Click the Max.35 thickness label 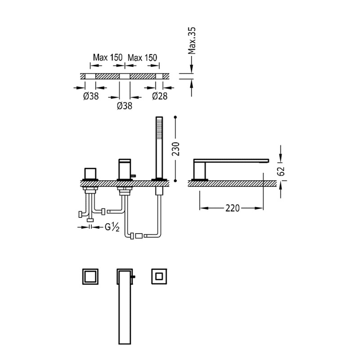tap(192, 40)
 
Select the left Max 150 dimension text tap(108, 58)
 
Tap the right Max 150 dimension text tap(142, 58)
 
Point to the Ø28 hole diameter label tap(160, 96)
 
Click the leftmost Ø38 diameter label tap(91, 96)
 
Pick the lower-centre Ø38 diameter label tap(125, 106)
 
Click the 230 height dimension tap(175, 149)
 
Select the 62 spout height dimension tap(281, 171)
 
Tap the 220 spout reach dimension tap(232, 208)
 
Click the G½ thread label tap(112, 227)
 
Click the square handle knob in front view tap(90, 174)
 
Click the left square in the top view tap(90, 277)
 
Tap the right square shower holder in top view tap(159, 276)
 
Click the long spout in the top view tap(125, 306)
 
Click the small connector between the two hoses tap(139, 236)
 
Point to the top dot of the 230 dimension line tap(175, 117)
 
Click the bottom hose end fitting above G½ tap(90, 220)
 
